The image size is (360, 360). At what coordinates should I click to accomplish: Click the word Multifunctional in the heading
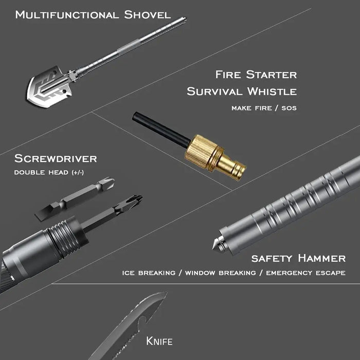[x=67, y=15]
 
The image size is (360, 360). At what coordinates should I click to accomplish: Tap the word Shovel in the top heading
[x=147, y=15]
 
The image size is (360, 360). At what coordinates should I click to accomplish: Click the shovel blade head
[x=49, y=87]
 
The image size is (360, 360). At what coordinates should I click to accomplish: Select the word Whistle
[x=272, y=92]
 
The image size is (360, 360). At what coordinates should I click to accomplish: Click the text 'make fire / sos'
[x=264, y=108]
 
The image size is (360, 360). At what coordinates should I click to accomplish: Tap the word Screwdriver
[x=56, y=158]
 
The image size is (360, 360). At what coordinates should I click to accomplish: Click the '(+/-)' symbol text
[x=78, y=172]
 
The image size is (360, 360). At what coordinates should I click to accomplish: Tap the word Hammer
[x=321, y=258]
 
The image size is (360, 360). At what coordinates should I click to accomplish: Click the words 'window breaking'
[x=221, y=273]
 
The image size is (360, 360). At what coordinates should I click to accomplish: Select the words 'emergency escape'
[x=306, y=273]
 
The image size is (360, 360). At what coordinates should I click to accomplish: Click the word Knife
[x=159, y=341]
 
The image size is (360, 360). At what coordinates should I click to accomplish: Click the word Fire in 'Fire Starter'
[x=228, y=75]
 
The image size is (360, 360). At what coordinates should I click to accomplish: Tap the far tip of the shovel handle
[x=185, y=19]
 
